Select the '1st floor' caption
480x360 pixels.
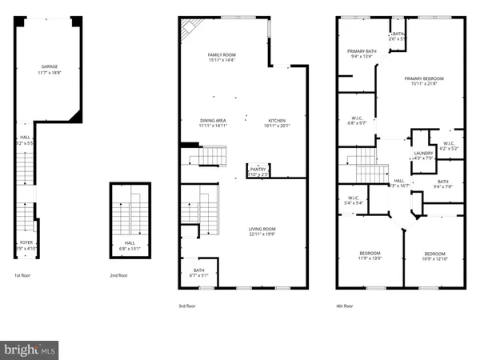(x=22, y=276)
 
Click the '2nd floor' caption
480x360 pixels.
(x=119, y=276)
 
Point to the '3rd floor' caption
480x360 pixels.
(x=186, y=306)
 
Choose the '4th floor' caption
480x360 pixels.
(x=345, y=306)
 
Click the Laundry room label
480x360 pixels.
(x=423, y=155)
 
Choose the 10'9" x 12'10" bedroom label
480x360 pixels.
(x=434, y=255)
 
